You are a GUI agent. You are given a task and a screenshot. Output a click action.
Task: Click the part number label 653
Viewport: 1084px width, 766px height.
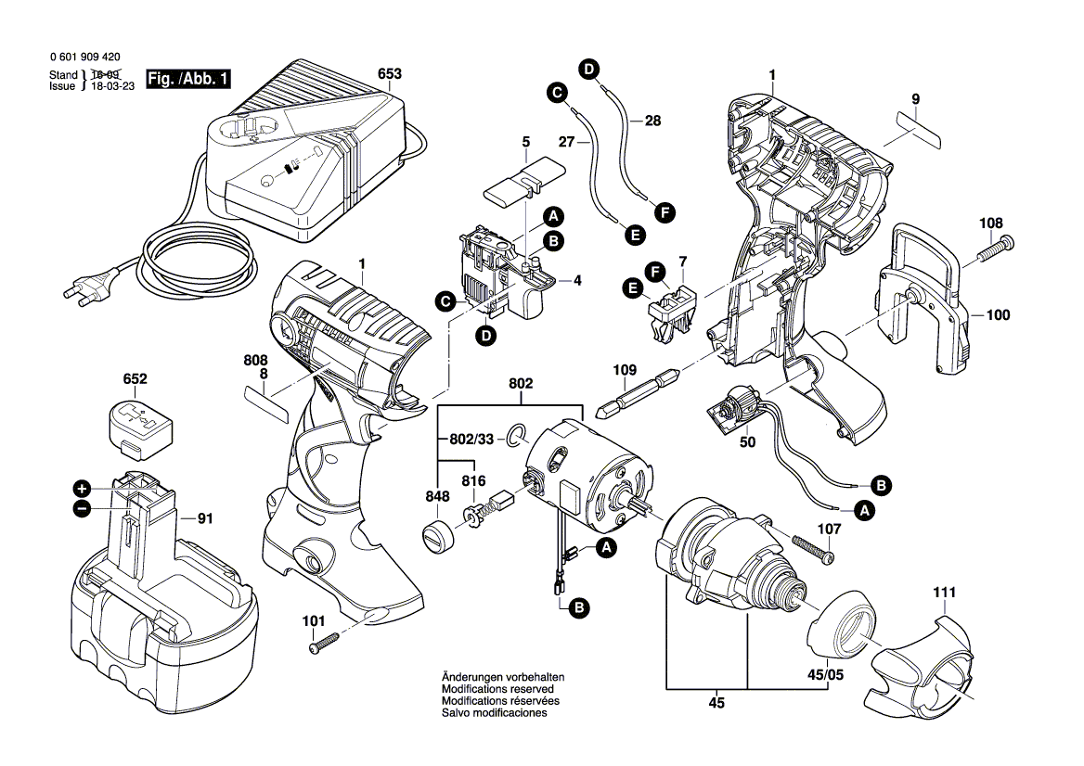coord(390,72)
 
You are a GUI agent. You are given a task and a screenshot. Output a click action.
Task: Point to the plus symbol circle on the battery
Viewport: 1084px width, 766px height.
coord(82,488)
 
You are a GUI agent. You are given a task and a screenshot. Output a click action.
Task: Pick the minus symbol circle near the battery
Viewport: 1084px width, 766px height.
coord(82,508)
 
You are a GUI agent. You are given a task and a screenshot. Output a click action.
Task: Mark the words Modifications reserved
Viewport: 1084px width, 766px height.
coord(497,690)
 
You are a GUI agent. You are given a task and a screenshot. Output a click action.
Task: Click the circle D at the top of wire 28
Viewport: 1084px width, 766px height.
coord(589,67)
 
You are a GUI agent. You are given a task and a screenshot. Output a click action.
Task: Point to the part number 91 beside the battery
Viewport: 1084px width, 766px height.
coord(204,519)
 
